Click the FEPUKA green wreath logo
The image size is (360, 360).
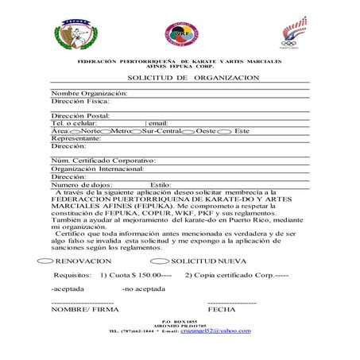pyautogui.click(x=75, y=33)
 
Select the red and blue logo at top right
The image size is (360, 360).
pyautogui.click(x=292, y=33)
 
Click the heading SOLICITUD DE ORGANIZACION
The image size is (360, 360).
pyautogui.click(x=193, y=78)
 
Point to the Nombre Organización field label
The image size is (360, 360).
pyautogui.click(x=89, y=93)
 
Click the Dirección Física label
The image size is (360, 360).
pyautogui.click(x=80, y=101)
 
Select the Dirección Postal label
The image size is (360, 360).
pyautogui.click(x=80, y=116)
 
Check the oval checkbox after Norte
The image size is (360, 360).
pyautogui.click(x=103, y=131)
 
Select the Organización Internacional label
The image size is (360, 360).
pyautogui.click(x=97, y=169)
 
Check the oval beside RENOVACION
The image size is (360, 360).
pyautogui.click(x=45, y=261)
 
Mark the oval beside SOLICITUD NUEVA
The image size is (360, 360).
pyautogui.click(x=159, y=261)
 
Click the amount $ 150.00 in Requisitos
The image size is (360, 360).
pyautogui.click(x=141, y=275)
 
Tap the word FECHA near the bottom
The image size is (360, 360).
pyautogui.click(x=221, y=308)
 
